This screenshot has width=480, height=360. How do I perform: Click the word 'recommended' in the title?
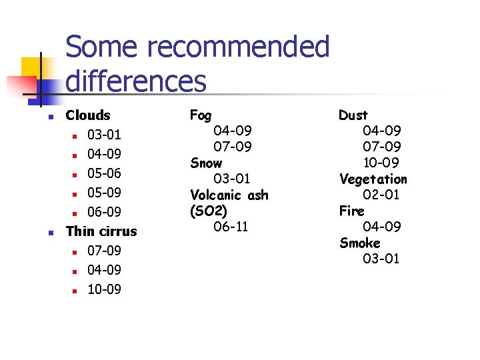click(237, 48)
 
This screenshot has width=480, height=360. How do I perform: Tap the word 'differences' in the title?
click(136, 81)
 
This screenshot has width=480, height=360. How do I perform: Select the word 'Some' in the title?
click(102, 48)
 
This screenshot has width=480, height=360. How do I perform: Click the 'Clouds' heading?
click(88, 115)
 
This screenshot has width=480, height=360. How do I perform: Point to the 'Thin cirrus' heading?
click(101, 231)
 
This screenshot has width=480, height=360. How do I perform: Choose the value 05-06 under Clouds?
click(104, 173)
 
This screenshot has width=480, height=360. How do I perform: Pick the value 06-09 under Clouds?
click(104, 212)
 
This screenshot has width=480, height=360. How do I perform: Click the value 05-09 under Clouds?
click(104, 193)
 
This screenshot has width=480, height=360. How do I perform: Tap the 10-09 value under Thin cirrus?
click(104, 289)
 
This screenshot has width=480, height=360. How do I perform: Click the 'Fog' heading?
click(201, 115)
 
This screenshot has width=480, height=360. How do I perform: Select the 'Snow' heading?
click(206, 163)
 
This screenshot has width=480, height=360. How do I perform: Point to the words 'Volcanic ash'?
click(229, 195)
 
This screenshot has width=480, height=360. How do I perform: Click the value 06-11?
click(231, 227)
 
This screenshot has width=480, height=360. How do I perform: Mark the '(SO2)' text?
click(208, 211)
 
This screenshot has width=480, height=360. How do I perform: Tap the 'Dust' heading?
click(353, 115)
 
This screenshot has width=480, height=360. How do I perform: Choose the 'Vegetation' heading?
click(373, 179)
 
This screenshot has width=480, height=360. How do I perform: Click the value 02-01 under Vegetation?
click(381, 195)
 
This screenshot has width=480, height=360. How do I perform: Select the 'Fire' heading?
click(351, 211)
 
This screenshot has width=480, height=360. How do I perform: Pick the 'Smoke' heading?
click(359, 243)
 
